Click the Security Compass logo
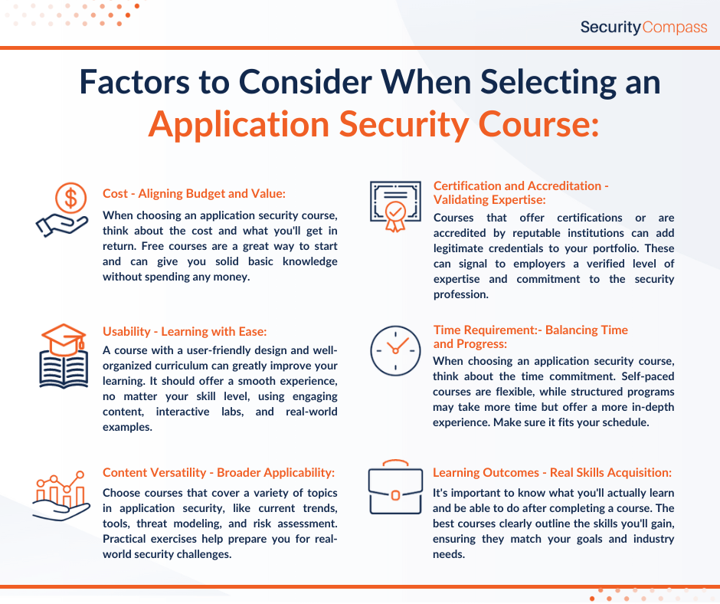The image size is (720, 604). (643, 27)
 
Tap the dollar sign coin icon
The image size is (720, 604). (70, 198)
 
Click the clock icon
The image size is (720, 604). (395, 351)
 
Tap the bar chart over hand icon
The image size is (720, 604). (61, 495)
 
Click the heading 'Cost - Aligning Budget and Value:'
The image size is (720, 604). (194, 193)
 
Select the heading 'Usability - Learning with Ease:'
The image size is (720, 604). (185, 331)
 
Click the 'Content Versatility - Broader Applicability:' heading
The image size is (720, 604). (218, 472)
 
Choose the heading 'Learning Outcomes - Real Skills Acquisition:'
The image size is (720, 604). (552, 472)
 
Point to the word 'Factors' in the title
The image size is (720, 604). (135, 82)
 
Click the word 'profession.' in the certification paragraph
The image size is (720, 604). (460, 294)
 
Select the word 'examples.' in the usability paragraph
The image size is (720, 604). (127, 427)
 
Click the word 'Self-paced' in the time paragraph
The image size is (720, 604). (647, 376)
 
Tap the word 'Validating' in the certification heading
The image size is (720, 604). (460, 200)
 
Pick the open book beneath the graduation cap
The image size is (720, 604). (64, 369)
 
